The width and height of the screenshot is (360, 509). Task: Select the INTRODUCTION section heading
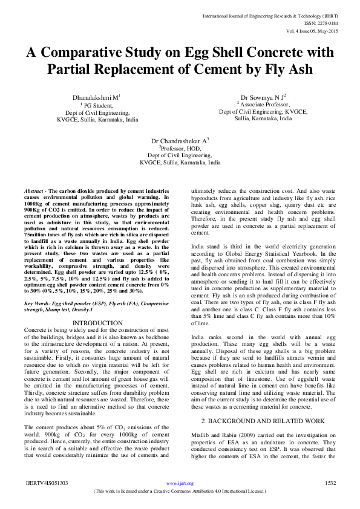(x=102, y=323)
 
